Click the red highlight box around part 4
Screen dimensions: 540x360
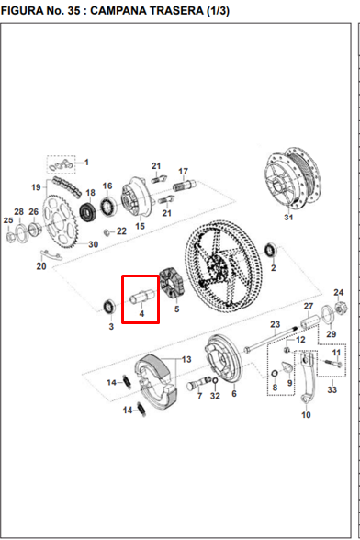pyautogui.click(x=141, y=299)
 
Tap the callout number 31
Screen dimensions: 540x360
pyautogui.click(x=288, y=218)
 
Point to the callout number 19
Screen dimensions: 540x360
pyautogui.click(x=36, y=187)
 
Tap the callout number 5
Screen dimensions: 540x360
pyautogui.click(x=175, y=309)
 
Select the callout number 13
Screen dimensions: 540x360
pyautogui.click(x=186, y=359)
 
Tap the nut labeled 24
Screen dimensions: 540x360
pyautogui.click(x=338, y=307)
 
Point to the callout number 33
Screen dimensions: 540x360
pyautogui.click(x=332, y=389)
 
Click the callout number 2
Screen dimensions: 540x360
pyautogui.click(x=273, y=268)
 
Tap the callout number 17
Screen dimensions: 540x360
pyautogui.click(x=183, y=171)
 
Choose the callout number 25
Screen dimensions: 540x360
pyautogui.click(x=8, y=220)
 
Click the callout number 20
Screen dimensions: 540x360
pyautogui.click(x=40, y=266)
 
